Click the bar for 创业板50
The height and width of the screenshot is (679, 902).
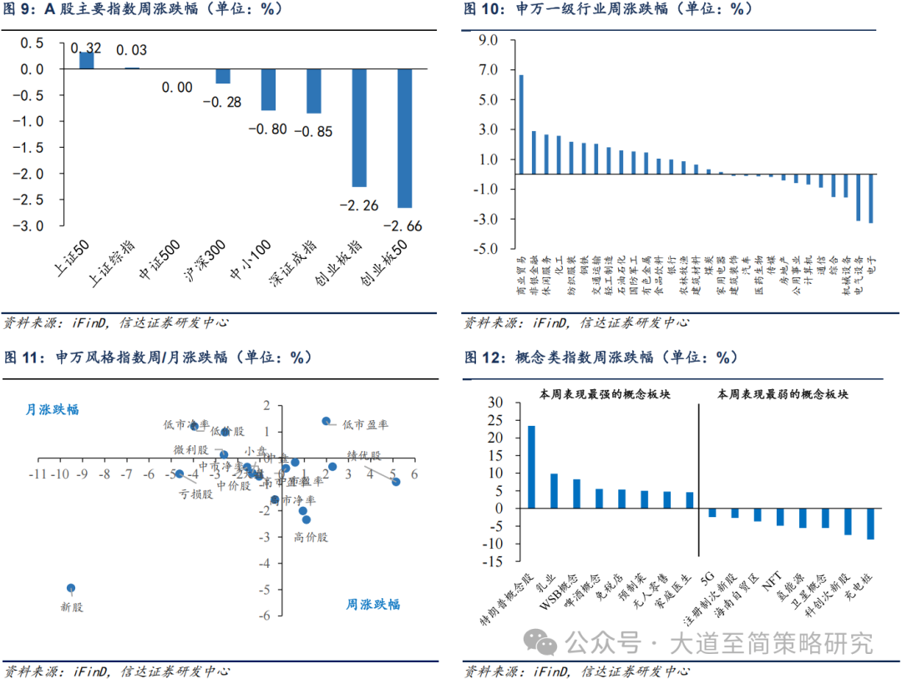tap(404, 138)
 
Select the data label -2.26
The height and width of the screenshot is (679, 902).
tap(359, 205)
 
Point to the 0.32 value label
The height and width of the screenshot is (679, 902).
tap(87, 48)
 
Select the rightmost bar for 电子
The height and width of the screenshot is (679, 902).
tap(871, 198)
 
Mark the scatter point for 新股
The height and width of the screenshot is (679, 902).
tap(71, 588)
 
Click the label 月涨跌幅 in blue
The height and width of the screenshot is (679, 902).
tap(53, 409)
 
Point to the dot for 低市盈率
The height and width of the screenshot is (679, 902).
tap(326, 421)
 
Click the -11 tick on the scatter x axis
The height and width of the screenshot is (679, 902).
tap(36, 474)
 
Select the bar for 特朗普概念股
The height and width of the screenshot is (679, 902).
tap(531, 467)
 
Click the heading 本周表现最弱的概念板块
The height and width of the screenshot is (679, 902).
tap(783, 393)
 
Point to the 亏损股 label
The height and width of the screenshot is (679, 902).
tap(195, 494)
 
